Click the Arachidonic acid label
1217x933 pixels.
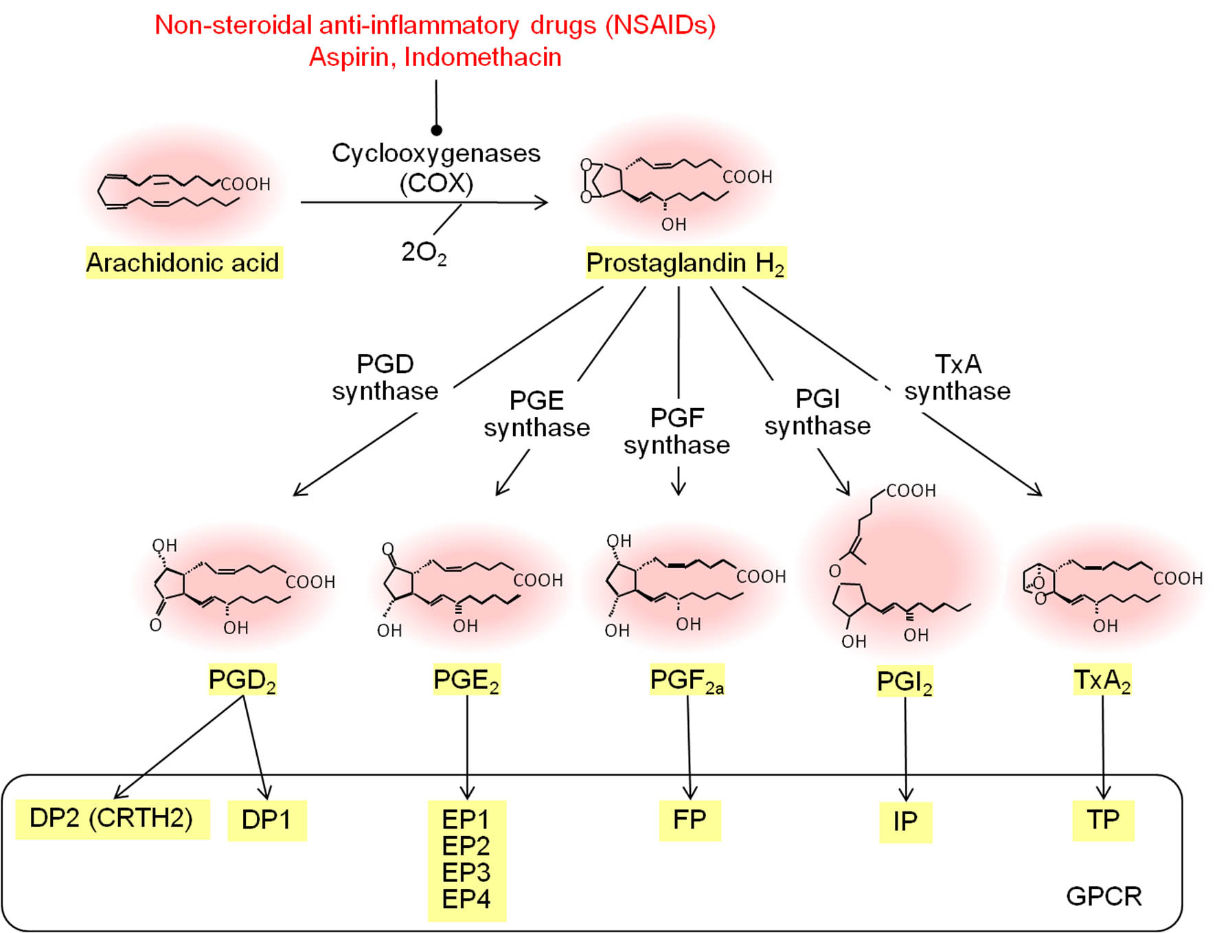click(183, 262)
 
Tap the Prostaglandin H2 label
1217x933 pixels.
click(685, 263)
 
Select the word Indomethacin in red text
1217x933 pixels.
click(483, 57)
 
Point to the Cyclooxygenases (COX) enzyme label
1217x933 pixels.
click(436, 168)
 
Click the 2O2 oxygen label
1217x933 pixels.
click(424, 253)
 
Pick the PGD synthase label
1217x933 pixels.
click(385, 377)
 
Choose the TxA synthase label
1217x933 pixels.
click(957, 377)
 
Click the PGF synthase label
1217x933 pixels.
click(676, 431)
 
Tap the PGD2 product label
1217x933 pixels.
click(242, 680)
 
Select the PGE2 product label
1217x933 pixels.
click(466, 680)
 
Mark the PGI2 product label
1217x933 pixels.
click(905, 682)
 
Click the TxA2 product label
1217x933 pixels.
click(1102, 680)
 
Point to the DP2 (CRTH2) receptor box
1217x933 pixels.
click(111, 819)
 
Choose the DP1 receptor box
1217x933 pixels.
click(266, 820)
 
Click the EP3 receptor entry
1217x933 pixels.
click(466, 873)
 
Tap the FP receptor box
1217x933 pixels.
click(690, 820)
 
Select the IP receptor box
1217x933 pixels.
click(905, 822)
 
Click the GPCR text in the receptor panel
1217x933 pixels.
click(1104, 896)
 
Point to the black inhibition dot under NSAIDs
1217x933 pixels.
click(436, 130)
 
